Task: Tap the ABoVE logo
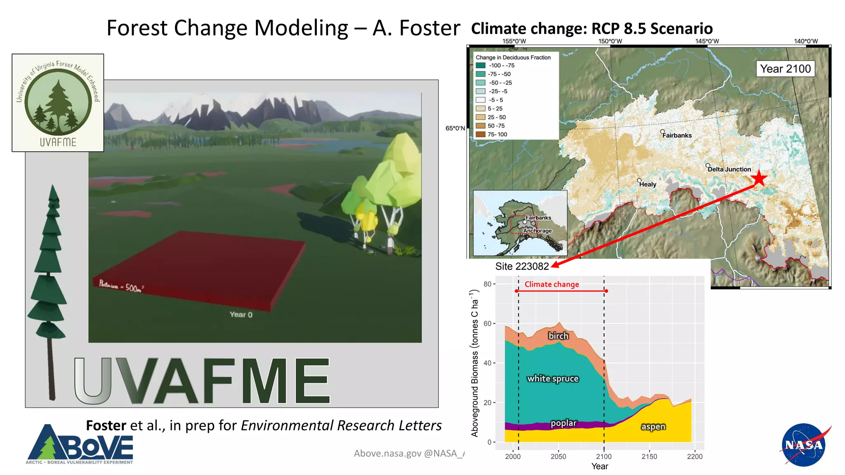pos(80,444)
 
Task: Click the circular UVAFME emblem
pos(58,102)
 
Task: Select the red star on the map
pos(759,179)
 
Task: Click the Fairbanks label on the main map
pos(677,135)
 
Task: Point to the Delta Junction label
pos(729,169)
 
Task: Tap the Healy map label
pos(647,184)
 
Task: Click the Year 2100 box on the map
pos(785,69)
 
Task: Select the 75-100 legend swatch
pos(480,134)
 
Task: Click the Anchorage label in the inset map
pos(537,231)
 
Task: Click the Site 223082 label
pos(522,266)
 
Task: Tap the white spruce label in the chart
pos(553,379)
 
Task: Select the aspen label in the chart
pos(653,426)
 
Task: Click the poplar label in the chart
pos(564,423)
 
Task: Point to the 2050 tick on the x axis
pos(558,456)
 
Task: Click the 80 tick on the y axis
pos(487,284)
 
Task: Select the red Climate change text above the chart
pos(552,284)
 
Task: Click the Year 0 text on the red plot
pos(241,315)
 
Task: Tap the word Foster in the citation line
pos(106,425)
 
